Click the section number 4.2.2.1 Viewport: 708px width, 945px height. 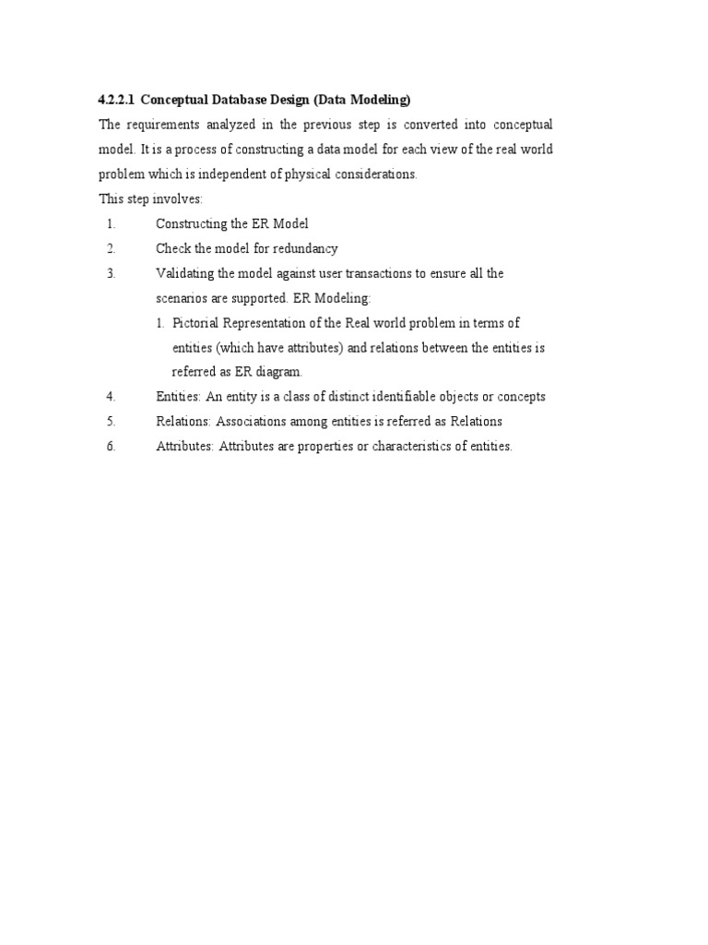coord(116,99)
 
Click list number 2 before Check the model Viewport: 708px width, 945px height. coord(111,248)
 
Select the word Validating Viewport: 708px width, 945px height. coord(184,273)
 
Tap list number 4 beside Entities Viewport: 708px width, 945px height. coord(111,397)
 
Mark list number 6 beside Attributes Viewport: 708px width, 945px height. coord(111,447)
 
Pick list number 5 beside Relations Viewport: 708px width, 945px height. coord(111,422)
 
